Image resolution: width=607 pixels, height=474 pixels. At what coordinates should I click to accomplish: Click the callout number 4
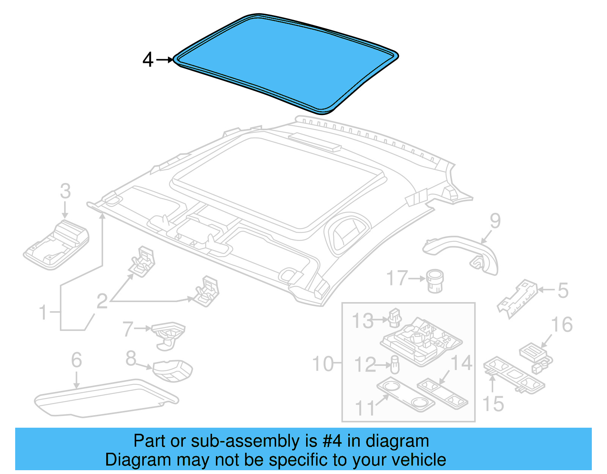click(148, 60)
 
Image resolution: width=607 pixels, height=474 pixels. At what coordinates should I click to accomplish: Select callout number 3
click(65, 191)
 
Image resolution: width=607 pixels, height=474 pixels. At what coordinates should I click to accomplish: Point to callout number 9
click(495, 221)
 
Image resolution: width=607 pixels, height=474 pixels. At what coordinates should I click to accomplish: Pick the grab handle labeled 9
click(463, 250)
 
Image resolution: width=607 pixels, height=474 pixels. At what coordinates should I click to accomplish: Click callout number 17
click(397, 278)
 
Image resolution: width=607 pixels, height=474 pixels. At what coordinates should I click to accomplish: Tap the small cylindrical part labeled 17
click(435, 281)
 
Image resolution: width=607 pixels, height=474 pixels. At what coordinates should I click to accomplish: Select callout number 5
click(563, 290)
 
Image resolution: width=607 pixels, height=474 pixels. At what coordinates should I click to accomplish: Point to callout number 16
click(562, 325)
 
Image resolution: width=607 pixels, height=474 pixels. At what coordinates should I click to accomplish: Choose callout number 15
click(493, 404)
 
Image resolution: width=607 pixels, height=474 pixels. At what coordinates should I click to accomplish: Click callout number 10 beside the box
click(322, 364)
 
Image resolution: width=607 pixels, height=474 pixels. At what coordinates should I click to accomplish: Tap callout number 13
click(363, 321)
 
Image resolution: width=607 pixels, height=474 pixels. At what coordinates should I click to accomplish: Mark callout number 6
click(76, 360)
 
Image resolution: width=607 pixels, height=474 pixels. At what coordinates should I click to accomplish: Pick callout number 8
click(131, 358)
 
